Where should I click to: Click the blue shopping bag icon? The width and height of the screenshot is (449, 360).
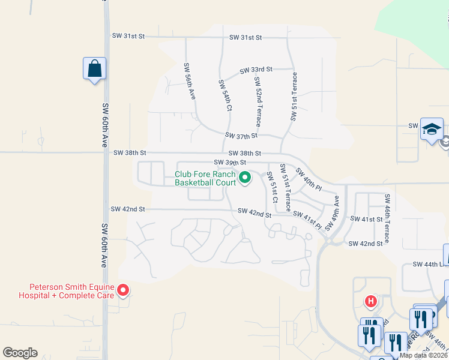pyautogui.click(x=95, y=68)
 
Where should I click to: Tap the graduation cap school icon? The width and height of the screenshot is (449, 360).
pyautogui.click(x=432, y=129)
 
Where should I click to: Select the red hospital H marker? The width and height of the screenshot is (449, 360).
pyautogui.click(x=372, y=301)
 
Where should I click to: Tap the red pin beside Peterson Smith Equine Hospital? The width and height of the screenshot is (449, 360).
pyautogui.click(x=123, y=290)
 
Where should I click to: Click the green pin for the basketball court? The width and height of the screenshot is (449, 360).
pyautogui.click(x=245, y=177)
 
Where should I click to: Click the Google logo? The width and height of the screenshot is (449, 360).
pyautogui.click(x=20, y=353)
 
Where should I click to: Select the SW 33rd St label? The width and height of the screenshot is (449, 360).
pyautogui.click(x=256, y=70)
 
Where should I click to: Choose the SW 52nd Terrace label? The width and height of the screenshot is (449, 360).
pyautogui.click(x=258, y=101)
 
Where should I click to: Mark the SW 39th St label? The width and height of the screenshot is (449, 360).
pyautogui.click(x=231, y=162)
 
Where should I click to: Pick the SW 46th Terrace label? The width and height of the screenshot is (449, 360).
pyautogui.click(x=388, y=218)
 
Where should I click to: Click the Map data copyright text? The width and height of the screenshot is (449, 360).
pyautogui.click(x=424, y=355)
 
